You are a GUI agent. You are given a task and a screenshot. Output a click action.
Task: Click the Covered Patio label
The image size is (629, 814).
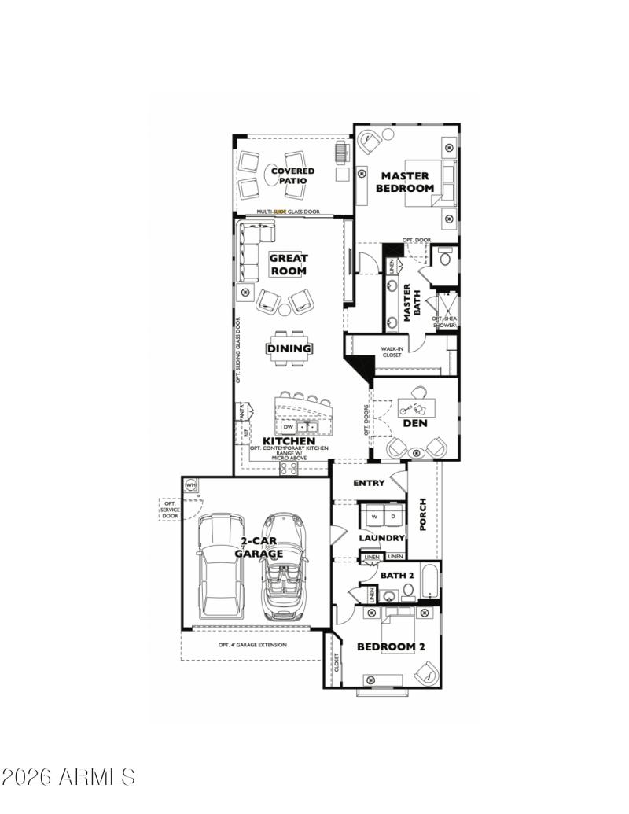point(292,175)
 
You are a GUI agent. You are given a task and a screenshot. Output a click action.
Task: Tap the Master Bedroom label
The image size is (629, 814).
point(404,182)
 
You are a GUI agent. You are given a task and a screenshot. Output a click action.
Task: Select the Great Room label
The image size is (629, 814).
point(289,264)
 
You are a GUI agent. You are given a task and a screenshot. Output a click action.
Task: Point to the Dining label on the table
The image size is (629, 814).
point(289,348)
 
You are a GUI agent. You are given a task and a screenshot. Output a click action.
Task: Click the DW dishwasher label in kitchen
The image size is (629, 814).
point(289,428)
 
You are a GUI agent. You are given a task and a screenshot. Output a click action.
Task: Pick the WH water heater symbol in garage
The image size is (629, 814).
point(190,485)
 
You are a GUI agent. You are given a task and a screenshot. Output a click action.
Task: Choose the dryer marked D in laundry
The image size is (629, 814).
point(393,516)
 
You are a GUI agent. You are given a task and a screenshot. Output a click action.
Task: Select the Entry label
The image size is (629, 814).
point(369,483)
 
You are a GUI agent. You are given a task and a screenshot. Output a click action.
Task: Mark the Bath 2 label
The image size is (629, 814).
point(397,576)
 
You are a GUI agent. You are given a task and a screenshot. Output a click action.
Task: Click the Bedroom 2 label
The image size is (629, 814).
point(391,646)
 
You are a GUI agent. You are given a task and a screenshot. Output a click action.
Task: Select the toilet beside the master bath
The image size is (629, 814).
point(443,257)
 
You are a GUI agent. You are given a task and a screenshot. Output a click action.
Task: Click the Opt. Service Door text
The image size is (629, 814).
point(170,510)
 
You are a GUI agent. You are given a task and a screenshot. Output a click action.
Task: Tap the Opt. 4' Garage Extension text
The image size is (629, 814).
point(252,645)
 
